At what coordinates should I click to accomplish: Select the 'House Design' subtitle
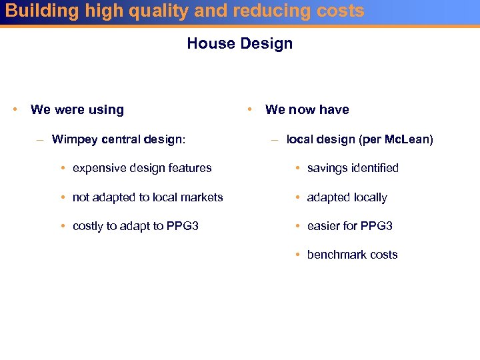(239, 43)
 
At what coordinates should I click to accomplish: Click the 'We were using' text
(77, 110)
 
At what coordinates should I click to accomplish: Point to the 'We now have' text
(307, 110)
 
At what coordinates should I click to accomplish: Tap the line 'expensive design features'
(142, 168)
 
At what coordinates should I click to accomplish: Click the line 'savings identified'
(353, 168)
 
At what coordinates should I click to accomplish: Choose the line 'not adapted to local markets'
(147, 197)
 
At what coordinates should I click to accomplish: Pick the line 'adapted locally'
(347, 197)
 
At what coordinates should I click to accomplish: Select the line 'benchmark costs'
(352, 255)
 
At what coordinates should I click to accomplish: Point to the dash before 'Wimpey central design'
(41, 140)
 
